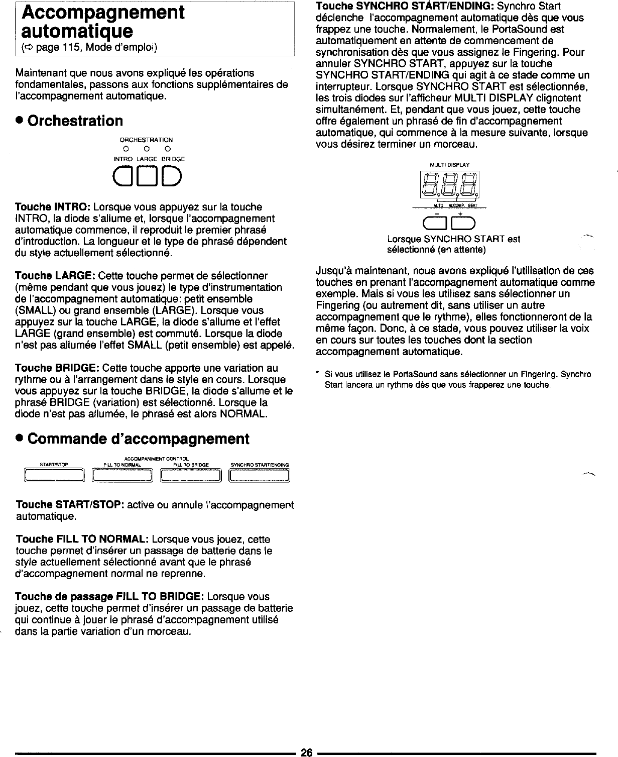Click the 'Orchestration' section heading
75,121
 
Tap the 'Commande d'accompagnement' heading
138,439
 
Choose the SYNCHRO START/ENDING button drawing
260,475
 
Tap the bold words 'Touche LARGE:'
56,276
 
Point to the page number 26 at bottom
307,752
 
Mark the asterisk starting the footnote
318,374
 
